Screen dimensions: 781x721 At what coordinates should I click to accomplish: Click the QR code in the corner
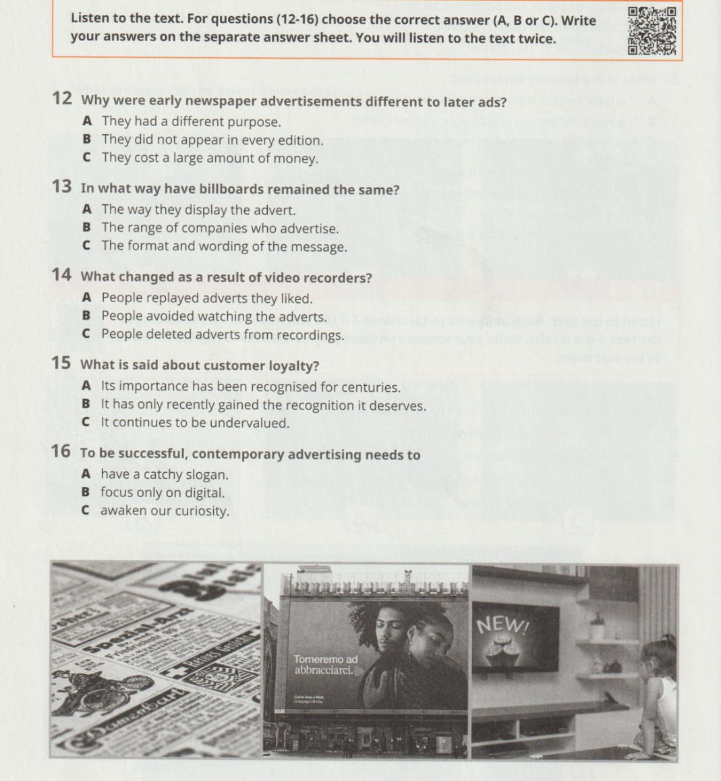click(x=652, y=30)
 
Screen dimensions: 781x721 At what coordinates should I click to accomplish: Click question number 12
click(x=62, y=99)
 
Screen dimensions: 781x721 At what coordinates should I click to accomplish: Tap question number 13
click(x=61, y=187)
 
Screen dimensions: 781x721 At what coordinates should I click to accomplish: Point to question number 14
click(x=61, y=275)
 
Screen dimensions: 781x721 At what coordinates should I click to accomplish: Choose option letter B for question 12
click(x=86, y=140)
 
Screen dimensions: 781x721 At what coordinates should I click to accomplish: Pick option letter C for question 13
click(x=86, y=246)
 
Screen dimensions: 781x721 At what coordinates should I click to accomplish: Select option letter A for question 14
click(x=86, y=297)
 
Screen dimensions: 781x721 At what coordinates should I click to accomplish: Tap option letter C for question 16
click(x=86, y=511)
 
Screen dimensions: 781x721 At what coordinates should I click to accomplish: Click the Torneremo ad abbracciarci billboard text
click(x=325, y=664)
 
